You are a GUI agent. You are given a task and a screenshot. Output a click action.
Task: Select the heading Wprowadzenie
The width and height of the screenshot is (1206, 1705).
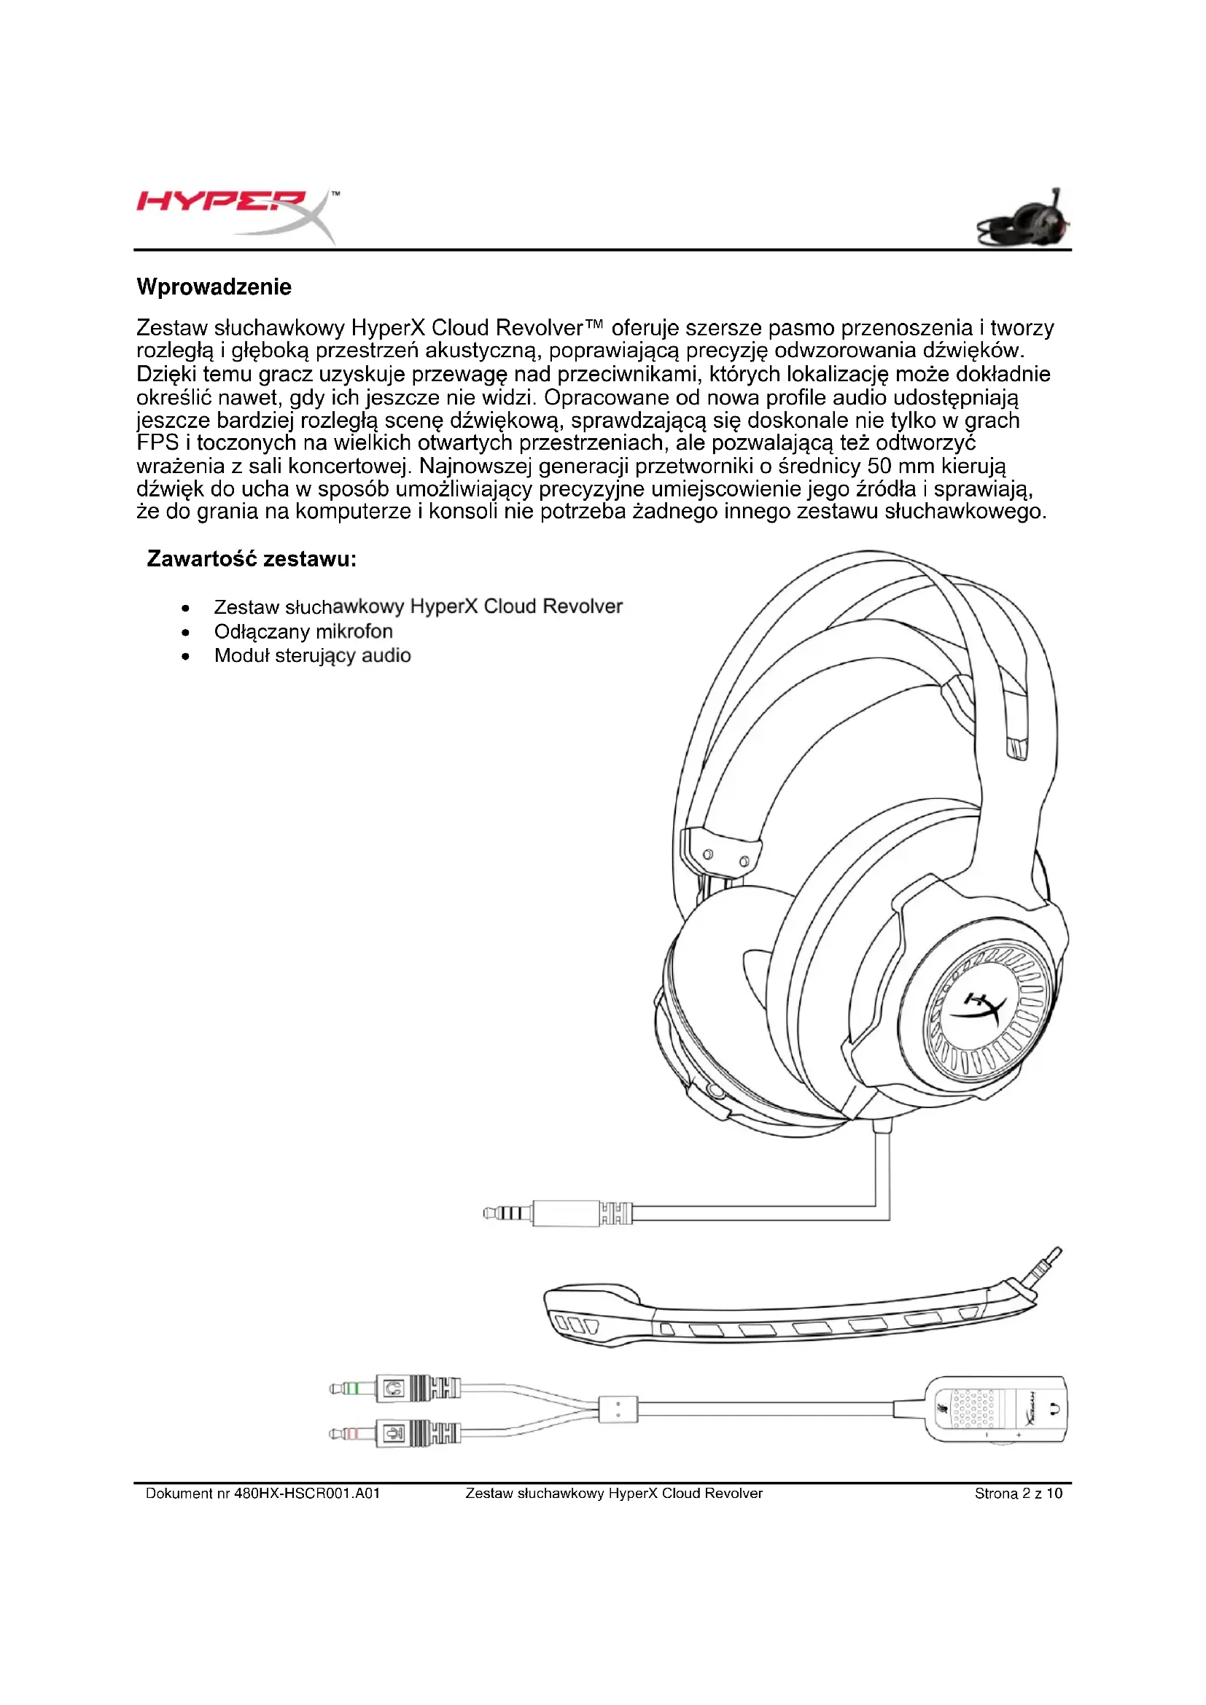pyautogui.click(x=214, y=287)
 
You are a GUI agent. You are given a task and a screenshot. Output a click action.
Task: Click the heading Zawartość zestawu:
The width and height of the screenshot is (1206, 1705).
pyautogui.click(x=252, y=558)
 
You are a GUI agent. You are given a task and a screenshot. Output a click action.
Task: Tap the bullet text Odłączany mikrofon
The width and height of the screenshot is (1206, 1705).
pyautogui.click(x=303, y=631)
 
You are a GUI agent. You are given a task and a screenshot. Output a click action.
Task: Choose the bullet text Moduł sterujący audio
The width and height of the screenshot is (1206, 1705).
pyautogui.click(x=312, y=656)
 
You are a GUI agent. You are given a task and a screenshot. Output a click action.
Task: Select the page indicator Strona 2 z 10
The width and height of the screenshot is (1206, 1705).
pyautogui.click(x=1018, y=1494)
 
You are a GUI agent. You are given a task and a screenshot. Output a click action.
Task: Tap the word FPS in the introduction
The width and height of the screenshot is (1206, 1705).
pyautogui.click(x=157, y=443)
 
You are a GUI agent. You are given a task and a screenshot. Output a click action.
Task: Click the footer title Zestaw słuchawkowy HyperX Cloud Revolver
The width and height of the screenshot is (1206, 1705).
pyautogui.click(x=613, y=1494)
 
